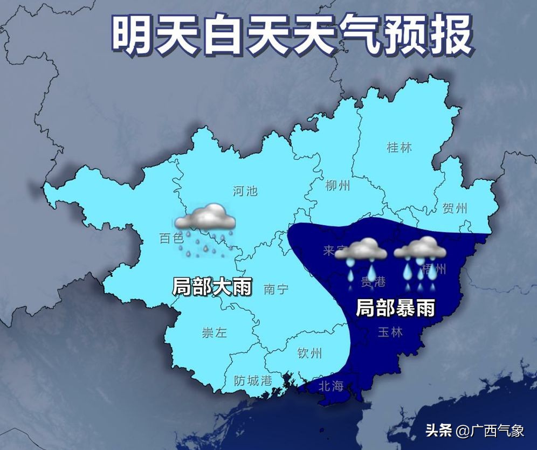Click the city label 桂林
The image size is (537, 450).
coord(400,147)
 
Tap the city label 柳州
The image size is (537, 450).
coord(338,186)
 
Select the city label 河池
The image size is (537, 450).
coord(245,191)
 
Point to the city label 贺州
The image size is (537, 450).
coord(455,209)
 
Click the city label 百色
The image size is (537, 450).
coord(171,238)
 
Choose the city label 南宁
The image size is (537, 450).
coord(276,289)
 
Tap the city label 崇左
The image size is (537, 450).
coord(215,333)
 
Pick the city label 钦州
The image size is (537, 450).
coord(310,354)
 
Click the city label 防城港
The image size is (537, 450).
coord(253,380)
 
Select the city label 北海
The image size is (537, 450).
coord(331,386)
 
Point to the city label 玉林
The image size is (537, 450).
coord(390,332)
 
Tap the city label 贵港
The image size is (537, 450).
coord(373,281)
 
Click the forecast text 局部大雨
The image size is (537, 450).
coord(212,286)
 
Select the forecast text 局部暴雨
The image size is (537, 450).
coord(395,308)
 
